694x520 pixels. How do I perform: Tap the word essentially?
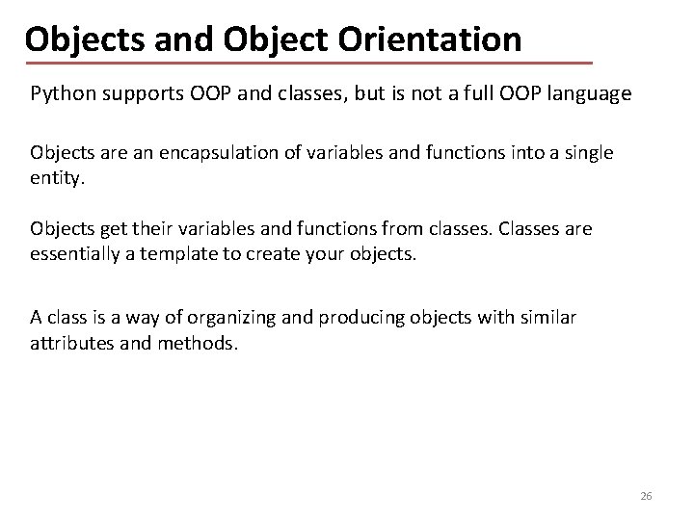78,254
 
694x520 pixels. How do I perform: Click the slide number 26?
646,495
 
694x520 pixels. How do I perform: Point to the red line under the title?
308,63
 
